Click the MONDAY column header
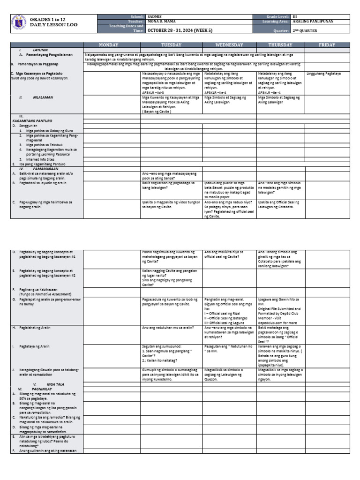click(112, 45)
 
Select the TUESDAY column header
click(171, 45)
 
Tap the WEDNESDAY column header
click(229, 45)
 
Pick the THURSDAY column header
click(280, 45)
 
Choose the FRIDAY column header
click(327, 45)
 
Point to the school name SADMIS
click(153, 16)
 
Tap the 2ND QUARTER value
click(304, 30)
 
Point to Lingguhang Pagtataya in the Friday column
click(323, 74)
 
